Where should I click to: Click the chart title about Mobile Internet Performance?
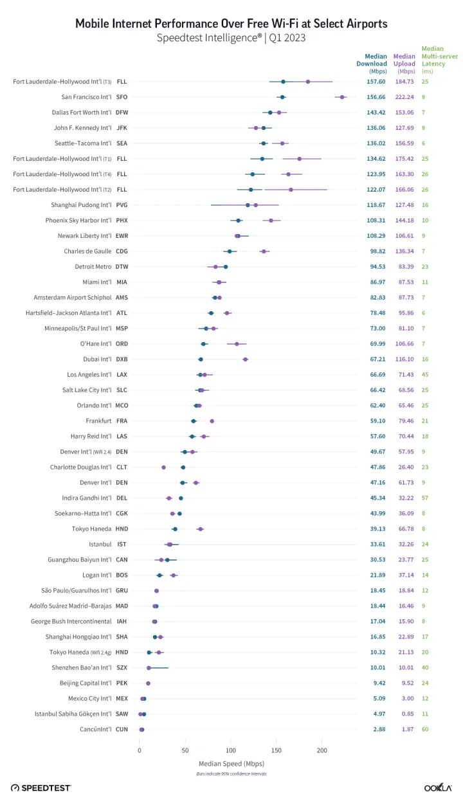[x=232, y=24]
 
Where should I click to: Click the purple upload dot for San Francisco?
[x=342, y=97]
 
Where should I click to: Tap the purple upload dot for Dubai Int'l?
[x=245, y=359]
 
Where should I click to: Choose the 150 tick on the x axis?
[x=277, y=750]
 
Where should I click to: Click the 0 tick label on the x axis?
[x=140, y=750]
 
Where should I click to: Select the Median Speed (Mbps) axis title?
[x=231, y=763]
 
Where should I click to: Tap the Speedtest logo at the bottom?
[x=41, y=788]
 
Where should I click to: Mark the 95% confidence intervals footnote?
[x=231, y=773]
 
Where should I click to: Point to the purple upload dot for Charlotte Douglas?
[x=163, y=467]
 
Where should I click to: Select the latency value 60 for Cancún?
[x=425, y=730]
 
